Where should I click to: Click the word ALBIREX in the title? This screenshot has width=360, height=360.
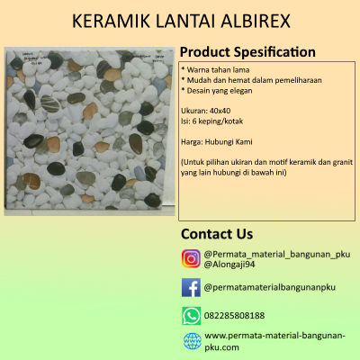(256, 21)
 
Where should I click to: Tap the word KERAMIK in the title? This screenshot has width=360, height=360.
(111, 21)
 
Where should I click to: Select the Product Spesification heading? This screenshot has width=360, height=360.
(247, 52)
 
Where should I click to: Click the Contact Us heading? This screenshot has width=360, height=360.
(217, 234)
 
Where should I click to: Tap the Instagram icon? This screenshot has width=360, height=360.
(191, 258)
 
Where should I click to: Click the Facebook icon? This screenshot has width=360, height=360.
(191, 287)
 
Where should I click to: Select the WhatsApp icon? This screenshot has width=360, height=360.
(191, 316)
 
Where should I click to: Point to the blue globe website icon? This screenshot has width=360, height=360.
(193, 341)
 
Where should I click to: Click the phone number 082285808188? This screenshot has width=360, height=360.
(234, 316)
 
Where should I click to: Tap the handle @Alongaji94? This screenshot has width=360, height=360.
(229, 265)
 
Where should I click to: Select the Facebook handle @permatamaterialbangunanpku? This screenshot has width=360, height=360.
(270, 287)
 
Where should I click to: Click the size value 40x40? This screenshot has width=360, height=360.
(220, 111)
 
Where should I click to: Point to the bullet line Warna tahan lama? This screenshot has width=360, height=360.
(215, 70)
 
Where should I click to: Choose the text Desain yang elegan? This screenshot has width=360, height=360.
(217, 91)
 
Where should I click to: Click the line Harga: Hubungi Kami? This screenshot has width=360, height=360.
(217, 141)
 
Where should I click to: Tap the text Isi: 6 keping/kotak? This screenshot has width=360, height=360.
(211, 121)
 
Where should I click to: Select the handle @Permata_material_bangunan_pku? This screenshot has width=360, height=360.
(277, 255)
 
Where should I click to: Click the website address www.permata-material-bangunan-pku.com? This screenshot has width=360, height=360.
(274, 341)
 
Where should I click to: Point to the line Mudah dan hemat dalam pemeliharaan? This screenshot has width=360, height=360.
(251, 80)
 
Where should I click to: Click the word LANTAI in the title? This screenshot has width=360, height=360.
(185, 21)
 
